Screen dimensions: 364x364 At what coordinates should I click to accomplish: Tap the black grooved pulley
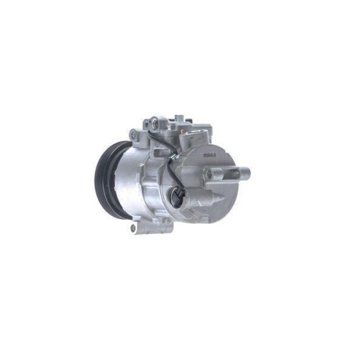(106, 178)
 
